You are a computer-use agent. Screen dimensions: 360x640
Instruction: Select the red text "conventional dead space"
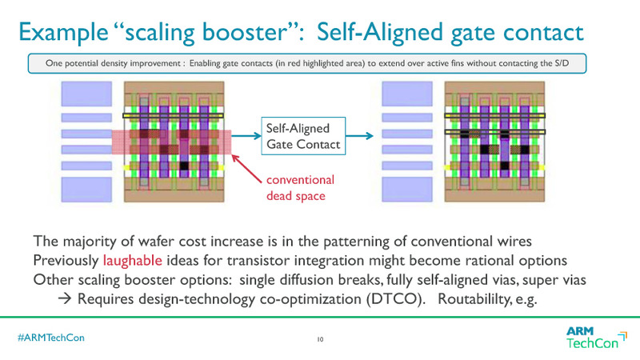300,187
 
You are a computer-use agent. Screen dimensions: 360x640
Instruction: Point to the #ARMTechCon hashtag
51,338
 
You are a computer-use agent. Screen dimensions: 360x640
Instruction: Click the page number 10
320,339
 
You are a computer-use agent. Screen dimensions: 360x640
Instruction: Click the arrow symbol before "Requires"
66,298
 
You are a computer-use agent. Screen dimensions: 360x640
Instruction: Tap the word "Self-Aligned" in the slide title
376,33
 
